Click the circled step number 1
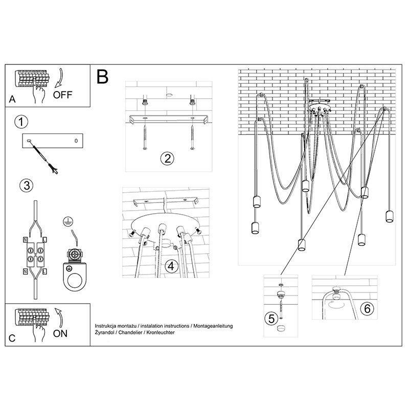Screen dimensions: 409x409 (x=20, y=122)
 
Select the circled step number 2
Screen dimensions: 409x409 (x=166, y=158)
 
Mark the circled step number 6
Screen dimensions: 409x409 (x=366, y=309)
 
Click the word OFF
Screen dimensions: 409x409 (x=63, y=94)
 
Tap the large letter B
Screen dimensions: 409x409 (x=102, y=78)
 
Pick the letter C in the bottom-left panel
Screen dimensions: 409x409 (x=12, y=338)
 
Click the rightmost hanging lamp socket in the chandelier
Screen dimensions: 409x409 (x=389, y=215)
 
